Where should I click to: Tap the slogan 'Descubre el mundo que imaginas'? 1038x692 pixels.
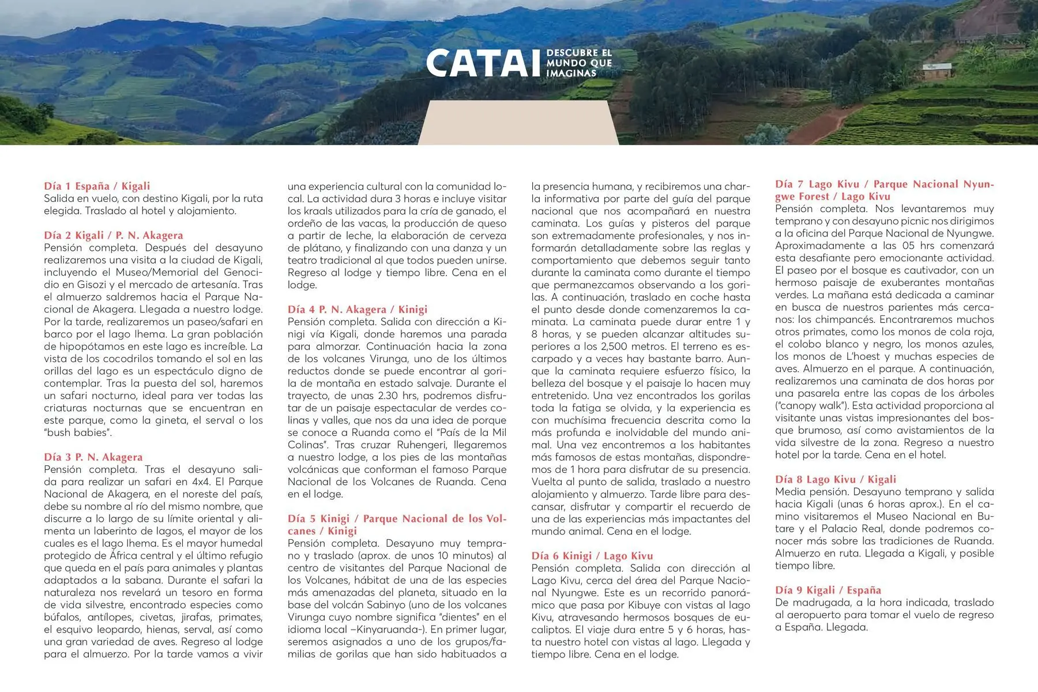click(x=578, y=63)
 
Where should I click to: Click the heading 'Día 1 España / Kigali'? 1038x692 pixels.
click(x=97, y=186)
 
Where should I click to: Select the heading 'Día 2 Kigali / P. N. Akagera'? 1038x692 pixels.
click(x=113, y=235)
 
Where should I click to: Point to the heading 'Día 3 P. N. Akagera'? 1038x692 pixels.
click(x=93, y=457)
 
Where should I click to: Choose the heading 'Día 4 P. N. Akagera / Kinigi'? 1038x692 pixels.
click(x=357, y=310)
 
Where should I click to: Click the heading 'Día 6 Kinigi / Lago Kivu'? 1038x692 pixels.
click(x=592, y=556)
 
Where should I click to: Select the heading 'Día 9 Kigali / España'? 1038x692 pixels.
click(x=828, y=590)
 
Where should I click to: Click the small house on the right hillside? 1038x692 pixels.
click(x=937, y=72)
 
